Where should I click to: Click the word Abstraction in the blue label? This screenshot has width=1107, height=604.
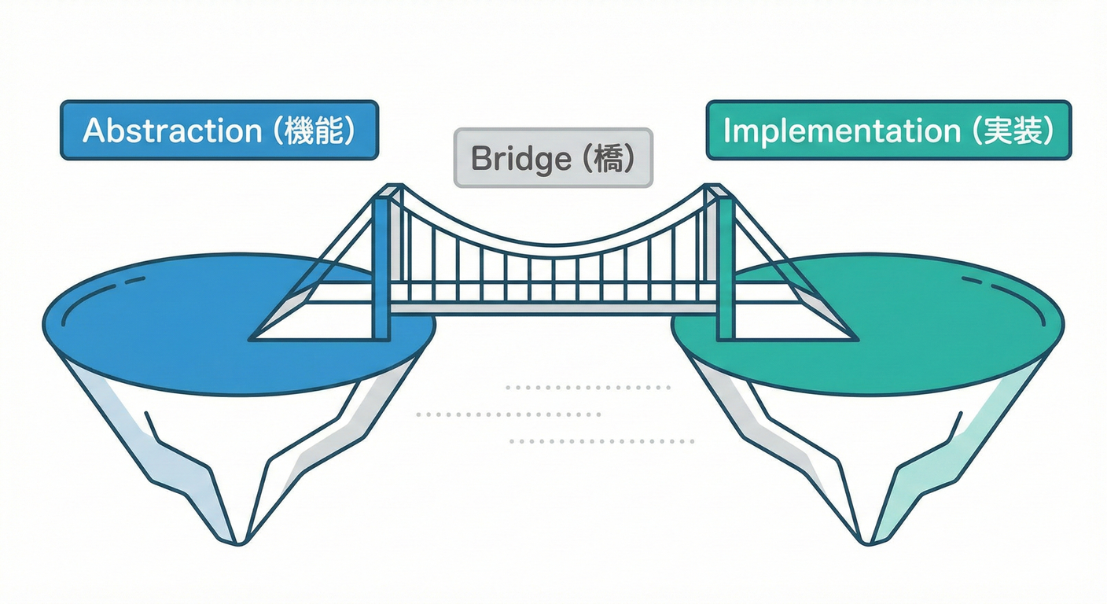point(171,131)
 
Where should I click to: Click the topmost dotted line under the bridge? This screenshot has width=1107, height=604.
point(588,388)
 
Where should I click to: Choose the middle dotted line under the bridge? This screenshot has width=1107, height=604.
point(509,414)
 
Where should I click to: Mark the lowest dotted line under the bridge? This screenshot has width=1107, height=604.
point(601,441)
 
